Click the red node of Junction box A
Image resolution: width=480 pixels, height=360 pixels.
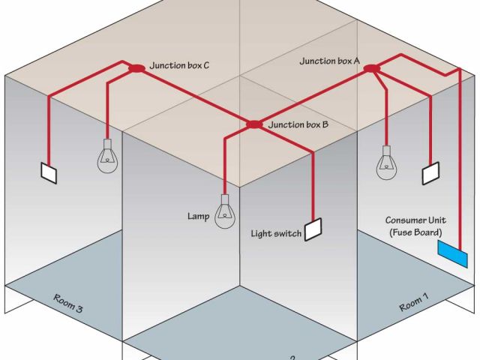(372, 69)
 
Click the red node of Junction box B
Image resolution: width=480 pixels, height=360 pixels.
(254, 124)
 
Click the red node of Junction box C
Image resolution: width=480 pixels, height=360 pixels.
(136, 68)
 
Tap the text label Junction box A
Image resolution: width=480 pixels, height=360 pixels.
(330, 60)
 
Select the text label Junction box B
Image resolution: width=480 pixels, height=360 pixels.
(298, 125)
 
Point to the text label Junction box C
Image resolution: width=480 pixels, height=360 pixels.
(179, 66)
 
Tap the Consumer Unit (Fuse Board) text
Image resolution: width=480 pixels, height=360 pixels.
(416, 226)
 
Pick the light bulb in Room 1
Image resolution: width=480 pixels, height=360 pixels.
(387, 161)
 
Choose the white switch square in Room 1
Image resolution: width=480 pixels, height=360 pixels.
(431, 173)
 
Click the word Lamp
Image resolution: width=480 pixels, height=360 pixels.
(198, 217)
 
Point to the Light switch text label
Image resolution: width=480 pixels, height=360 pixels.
(276, 234)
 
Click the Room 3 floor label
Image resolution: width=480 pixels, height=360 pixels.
(67, 304)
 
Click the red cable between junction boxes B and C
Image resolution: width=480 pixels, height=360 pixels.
(195, 96)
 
